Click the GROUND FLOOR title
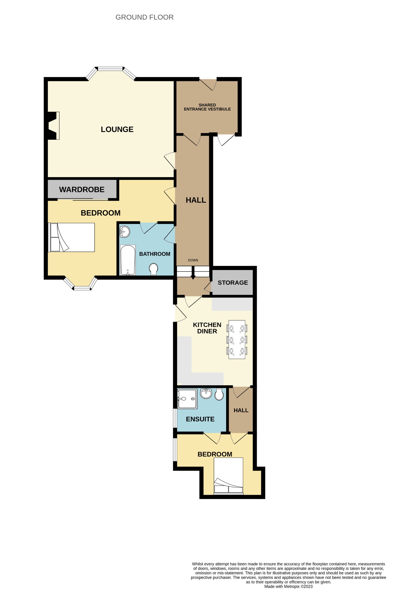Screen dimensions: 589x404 point(144,17)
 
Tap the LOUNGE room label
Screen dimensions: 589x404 point(117,129)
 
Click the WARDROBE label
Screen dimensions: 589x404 point(82,190)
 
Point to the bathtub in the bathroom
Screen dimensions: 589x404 point(128,260)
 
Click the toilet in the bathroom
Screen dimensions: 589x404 point(153,269)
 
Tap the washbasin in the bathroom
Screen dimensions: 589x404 point(125,232)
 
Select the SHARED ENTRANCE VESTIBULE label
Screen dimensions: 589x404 point(207,107)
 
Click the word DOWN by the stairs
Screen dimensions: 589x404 point(193,260)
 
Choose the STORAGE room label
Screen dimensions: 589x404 point(233,283)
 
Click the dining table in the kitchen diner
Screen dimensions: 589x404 point(237,340)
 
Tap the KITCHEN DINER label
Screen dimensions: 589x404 point(207,328)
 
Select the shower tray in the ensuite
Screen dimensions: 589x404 point(187,399)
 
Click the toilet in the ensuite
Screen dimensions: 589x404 point(219,394)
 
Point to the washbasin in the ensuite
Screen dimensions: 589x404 point(206,393)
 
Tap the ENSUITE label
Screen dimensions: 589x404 point(200,419)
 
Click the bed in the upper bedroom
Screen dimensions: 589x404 point(72,237)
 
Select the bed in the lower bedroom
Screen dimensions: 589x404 point(228,476)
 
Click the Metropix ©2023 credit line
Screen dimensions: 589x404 point(288,586)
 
